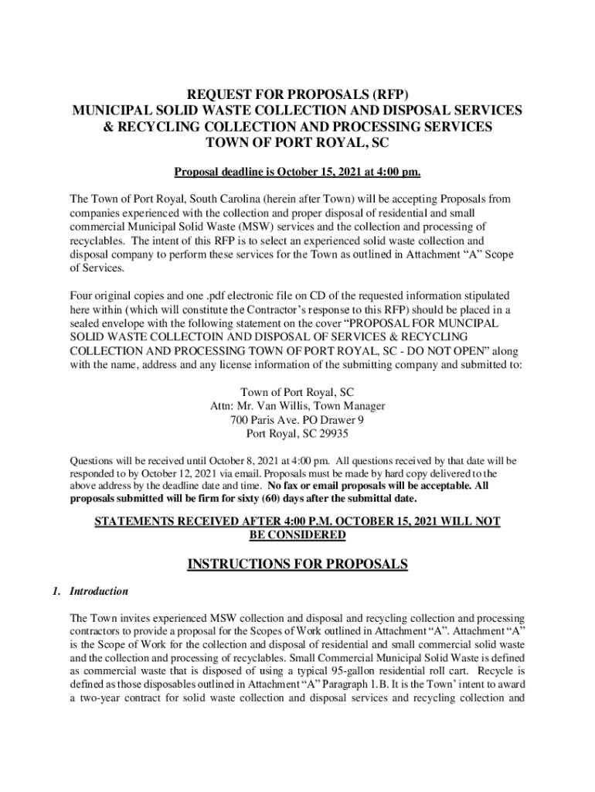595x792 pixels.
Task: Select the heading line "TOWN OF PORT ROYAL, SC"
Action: (x=297, y=143)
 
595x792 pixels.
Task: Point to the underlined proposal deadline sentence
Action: (x=297, y=172)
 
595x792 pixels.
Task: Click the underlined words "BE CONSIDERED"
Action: (x=297, y=535)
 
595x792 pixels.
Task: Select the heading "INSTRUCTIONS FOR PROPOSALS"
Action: (x=297, y=565)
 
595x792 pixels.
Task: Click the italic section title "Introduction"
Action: (x=99, y=592)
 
